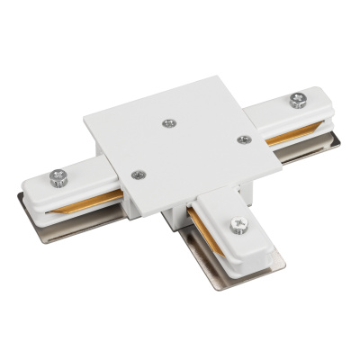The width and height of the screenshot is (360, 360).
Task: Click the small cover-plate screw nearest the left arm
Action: (x=137, y=175)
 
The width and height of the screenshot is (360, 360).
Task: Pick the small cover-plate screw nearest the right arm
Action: (x=241, y=139)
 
